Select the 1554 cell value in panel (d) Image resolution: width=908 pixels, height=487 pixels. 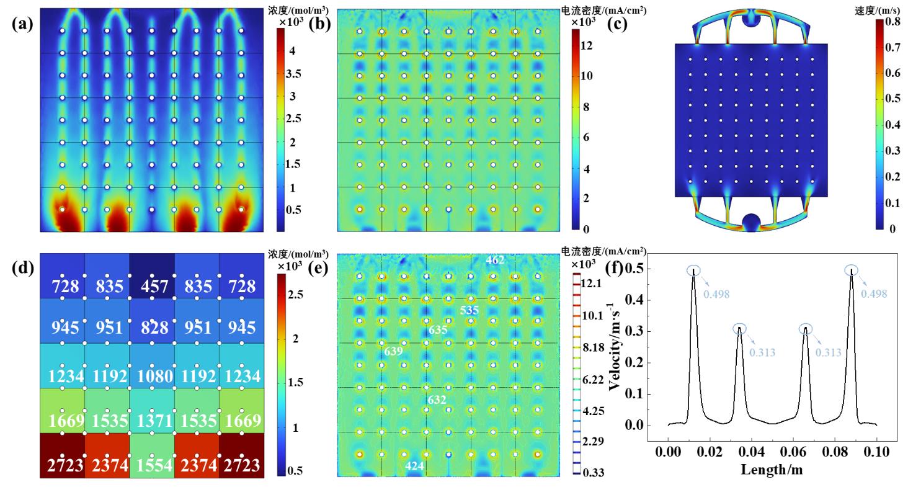click(151, 465)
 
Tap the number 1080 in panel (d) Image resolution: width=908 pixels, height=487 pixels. click(151, 376)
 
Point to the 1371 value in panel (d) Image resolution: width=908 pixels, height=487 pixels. click(151, 421)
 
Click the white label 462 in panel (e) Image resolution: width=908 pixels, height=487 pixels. click(495, 259)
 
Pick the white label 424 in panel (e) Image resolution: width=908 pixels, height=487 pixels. click(415, 465)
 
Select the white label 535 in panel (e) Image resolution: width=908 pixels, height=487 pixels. click(469, 310)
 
